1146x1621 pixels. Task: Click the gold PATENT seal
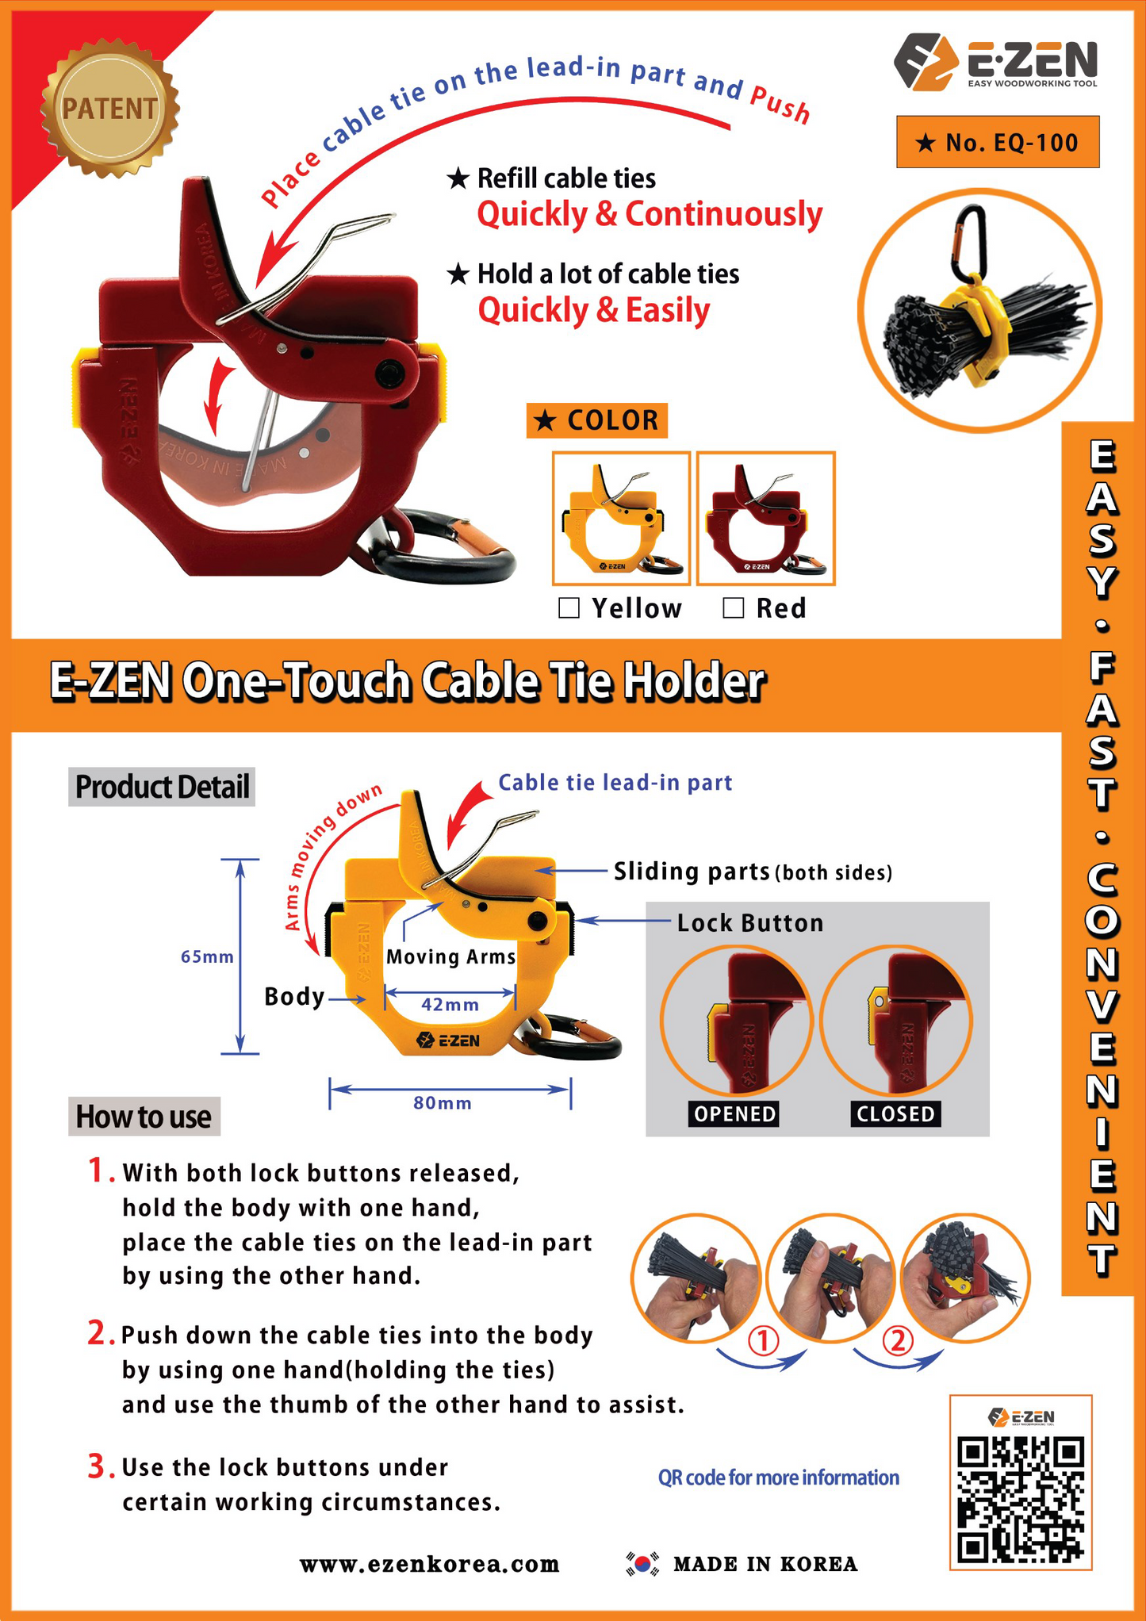(109, 108)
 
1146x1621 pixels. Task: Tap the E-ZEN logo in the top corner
(995, 61)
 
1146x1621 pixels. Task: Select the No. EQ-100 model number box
(998, 142)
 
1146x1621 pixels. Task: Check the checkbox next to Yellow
(569, 608)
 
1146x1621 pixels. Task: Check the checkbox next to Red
(734, 608)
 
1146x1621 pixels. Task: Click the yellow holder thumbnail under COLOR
(621, 519)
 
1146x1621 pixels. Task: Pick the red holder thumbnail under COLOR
(766, 519)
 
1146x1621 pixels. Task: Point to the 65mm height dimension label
(207, 956)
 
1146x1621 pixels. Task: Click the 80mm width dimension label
(443, 1103)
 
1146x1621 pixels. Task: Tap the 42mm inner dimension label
(450, 1005)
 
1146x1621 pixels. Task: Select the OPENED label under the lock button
(734, 1114)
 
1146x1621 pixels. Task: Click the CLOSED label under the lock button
(895, 1114)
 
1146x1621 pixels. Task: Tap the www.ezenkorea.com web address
(429, 1565)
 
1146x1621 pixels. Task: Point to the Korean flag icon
(642, 1563)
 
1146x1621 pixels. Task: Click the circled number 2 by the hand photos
(898, 1341)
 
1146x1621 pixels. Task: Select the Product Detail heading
(162, 787)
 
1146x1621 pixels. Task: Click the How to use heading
(144, 1117)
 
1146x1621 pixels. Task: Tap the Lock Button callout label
(749, 923)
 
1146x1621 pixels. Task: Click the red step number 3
(97, 1466)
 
